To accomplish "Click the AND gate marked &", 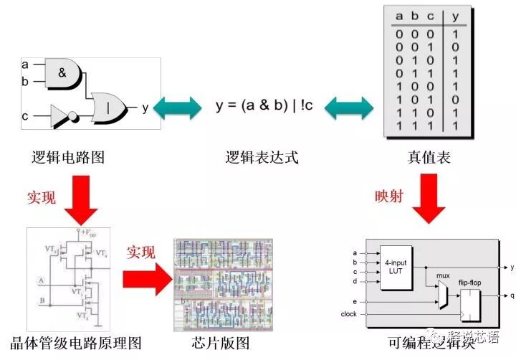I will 63,72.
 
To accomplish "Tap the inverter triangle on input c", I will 61,114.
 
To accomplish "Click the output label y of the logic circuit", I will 145,108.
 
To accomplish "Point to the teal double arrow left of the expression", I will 177,108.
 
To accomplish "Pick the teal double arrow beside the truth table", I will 349,108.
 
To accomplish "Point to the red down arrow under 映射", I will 432,203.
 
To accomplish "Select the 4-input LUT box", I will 396,267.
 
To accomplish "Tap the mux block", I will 442,290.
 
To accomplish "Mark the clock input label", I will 349,314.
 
